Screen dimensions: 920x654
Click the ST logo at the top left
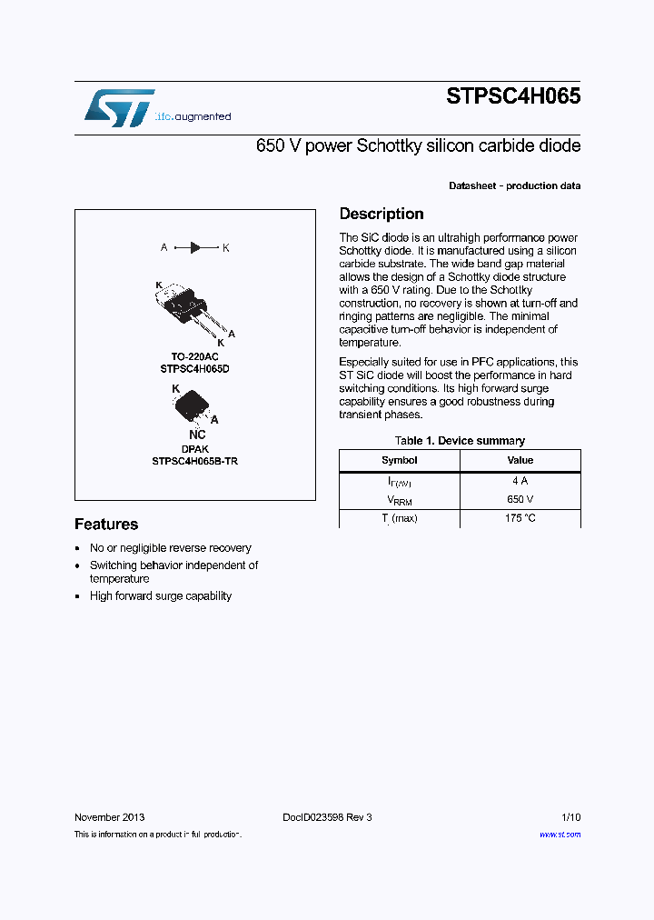point(119,107)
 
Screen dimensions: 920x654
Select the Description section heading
point(381,214)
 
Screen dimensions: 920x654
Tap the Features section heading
point(106,525)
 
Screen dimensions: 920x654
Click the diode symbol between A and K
point(195,247)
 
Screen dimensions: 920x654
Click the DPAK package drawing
point(193,405)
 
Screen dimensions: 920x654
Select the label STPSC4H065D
point(195,369)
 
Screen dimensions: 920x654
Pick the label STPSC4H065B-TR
point(195,461)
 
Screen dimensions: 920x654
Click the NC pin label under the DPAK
point(197,435)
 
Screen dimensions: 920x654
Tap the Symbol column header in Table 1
point(400,461)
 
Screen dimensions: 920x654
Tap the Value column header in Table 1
point(520,461)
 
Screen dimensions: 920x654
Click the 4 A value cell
point(520,481)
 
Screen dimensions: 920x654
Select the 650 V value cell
point(520,499)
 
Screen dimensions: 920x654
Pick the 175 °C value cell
point(520,518)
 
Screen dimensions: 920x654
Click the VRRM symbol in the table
point(400,500)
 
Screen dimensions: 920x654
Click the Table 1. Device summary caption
point(460,441)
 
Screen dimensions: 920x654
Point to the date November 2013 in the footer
point(109,817)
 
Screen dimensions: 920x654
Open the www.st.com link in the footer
point(560,835)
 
